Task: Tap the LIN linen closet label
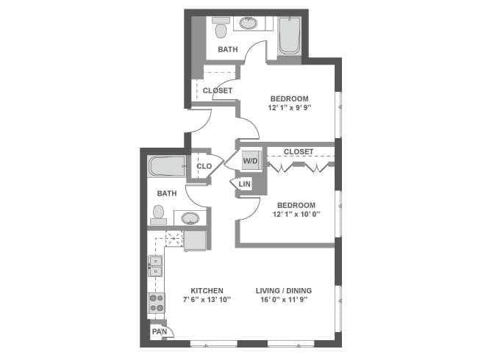[x=244, y=184]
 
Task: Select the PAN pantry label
[x=158, y=332]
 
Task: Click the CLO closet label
[x=204, y=167]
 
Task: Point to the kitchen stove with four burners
[x=157, y=302]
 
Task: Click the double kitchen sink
[x=156, y=266]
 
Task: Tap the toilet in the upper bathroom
[x=220, y=29]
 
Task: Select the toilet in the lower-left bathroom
[x=157, y=214]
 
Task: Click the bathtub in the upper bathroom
[x=288, y=36]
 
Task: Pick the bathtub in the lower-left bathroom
[x=168, y=166]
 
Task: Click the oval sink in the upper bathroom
[x=249, y=24]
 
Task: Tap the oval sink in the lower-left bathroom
[x=190, y=218]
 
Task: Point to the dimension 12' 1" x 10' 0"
[x=295, y=215]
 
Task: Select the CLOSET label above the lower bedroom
[x=299, y=151]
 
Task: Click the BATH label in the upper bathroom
[x=227, y=50]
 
